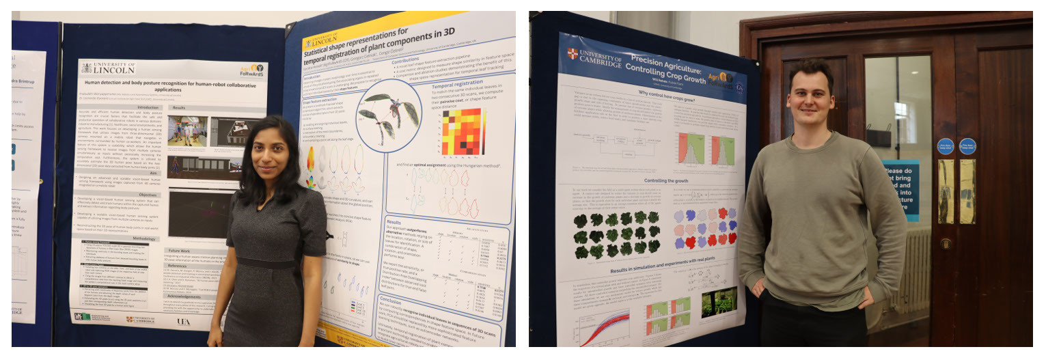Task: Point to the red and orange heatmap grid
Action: click(462, 131)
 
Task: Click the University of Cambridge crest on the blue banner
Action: click(572, 53)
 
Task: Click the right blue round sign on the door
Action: click(967, 146)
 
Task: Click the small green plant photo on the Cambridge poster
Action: click(719, 302)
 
